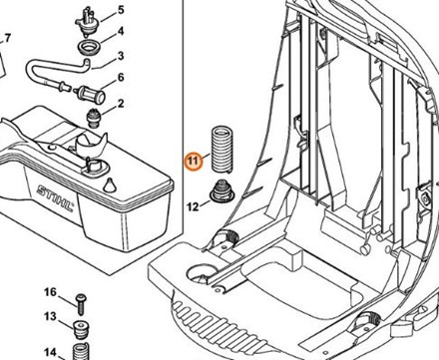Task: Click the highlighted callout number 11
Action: (x=194, y=162)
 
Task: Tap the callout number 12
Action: (x=193, y=206)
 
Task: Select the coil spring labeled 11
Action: (x=221, y=150)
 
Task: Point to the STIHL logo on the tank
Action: (x=55, y=198)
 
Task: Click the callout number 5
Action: (x=121, y=10)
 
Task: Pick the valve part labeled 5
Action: (x=87, y=23)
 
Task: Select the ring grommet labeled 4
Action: (x=89, y=47)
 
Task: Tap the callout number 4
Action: (x=121, y=32)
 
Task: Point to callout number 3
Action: (x=121, y=56)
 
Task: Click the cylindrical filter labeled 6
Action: (x=92, y=94)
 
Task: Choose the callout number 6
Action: (x=121, y=78)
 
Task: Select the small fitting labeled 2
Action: (x=93, y=118)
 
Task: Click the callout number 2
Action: (x=121, y=104)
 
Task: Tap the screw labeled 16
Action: (x=81, y=304)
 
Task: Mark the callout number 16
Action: (x=51, y=292)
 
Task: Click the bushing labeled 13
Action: (x=80, y=329)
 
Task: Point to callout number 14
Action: (x=51, y=351)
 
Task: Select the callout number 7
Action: (x=8, y=38)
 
